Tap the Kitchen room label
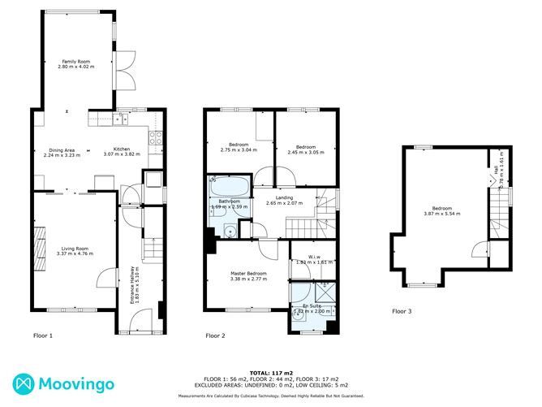pos(121,149)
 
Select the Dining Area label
pos(62,149)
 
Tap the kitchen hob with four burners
pos(157,141)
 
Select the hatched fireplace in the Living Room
pos(38,245)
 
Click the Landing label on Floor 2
pos(284,197)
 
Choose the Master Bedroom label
pos(249,274)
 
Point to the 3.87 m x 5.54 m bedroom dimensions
pos(441,214)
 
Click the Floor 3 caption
pos(402,311)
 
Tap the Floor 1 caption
pos(42,336)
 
